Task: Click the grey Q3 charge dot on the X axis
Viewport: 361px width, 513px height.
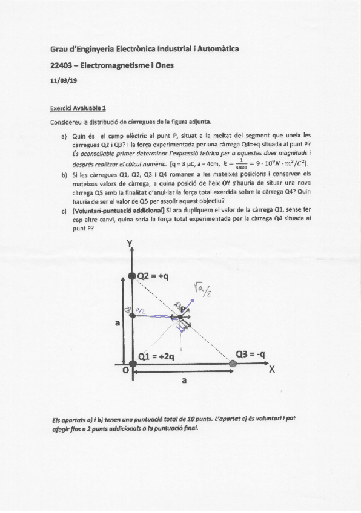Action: point(233,363)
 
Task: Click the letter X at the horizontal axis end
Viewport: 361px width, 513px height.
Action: point(272,371)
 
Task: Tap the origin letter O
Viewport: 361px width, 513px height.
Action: point(125,371)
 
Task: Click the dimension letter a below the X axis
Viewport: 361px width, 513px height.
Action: point(184,381)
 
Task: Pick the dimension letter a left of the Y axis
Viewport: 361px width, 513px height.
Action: point(116,324)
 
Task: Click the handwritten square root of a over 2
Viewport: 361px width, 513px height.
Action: point(202,292)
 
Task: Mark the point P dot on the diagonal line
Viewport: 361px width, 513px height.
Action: point(181,316)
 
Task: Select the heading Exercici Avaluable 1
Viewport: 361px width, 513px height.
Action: point(78,109)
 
